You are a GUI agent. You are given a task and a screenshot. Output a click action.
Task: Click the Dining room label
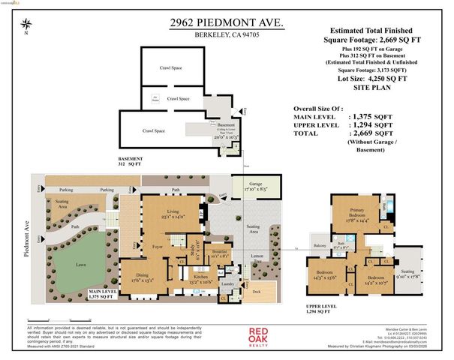pyautogui.click(x=145, y=275)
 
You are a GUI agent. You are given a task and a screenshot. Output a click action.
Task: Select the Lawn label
pyautogui.click(x=72, y=263)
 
